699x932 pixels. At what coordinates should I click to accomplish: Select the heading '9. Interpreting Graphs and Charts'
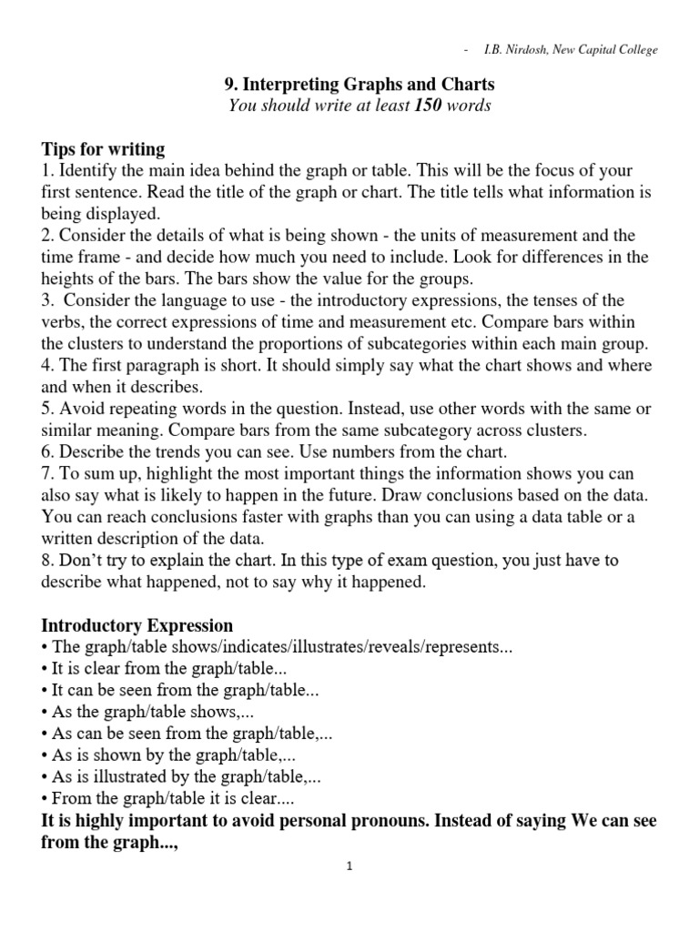pos(360,85)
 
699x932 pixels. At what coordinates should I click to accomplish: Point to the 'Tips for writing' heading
pos(103,149)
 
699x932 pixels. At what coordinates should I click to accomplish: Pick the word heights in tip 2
pos(67,279)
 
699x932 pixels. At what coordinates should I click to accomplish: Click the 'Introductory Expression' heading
pos(137,625)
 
